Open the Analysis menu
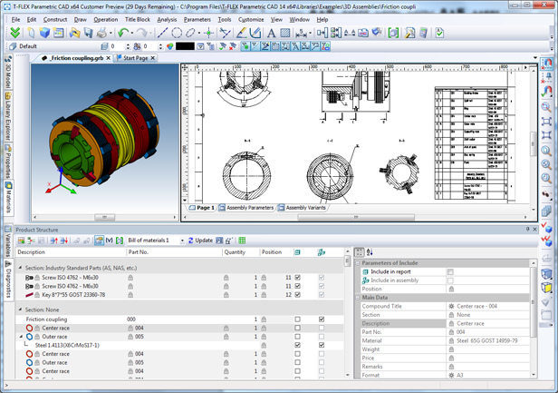167,19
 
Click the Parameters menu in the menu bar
197,19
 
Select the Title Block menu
137,19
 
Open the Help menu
322,19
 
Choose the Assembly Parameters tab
247,208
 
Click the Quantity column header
234,252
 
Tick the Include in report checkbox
450,271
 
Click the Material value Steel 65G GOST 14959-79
486,340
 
